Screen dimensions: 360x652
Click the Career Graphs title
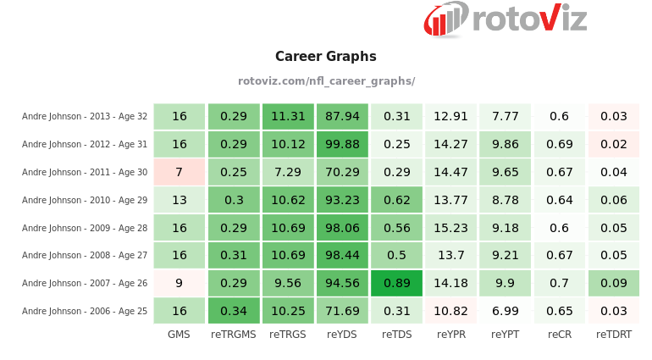click(x=326, y=57)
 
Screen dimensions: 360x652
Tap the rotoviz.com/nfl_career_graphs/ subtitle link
click(x=326, y=81)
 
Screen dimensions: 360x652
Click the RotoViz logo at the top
click(x=506, y=19)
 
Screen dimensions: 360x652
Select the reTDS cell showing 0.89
click(x=396, y=283)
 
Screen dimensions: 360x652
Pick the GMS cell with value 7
click(x=179, y=172)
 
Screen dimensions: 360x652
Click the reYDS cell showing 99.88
click(x=342, y=144)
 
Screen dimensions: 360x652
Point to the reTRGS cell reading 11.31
click(x=288, y=116)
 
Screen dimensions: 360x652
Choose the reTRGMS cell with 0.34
click(x=234, y=311)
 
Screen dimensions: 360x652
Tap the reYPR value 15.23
click(x=450, y=228)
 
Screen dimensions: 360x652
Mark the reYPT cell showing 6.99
click(x=505, y=311)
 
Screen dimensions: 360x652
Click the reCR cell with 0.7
click(x=559, y=283)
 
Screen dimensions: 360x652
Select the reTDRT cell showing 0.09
click(x=614, y=283)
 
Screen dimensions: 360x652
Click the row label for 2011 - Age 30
click(x=85, y=172)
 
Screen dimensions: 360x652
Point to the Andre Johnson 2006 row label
click(x=85, y=311)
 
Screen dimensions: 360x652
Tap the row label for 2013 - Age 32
click(x=85, y=116)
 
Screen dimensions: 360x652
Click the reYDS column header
click(x=342, y=335)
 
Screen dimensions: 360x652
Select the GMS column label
click(x=179, y=335)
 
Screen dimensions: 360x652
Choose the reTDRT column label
click(x=614, y=335)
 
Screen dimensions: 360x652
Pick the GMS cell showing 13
click(x=179, y=200)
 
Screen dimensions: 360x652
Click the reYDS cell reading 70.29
click(x=342, y=172)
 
